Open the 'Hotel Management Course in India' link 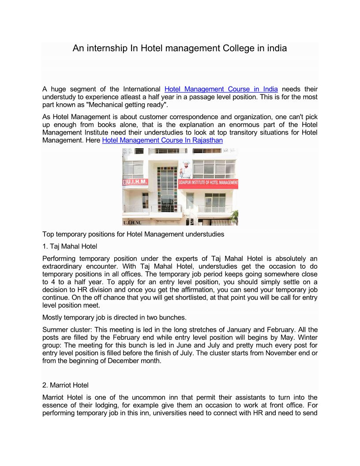point(221,89)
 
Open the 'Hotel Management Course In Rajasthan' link point(162,140)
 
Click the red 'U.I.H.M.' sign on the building point(136,182)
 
